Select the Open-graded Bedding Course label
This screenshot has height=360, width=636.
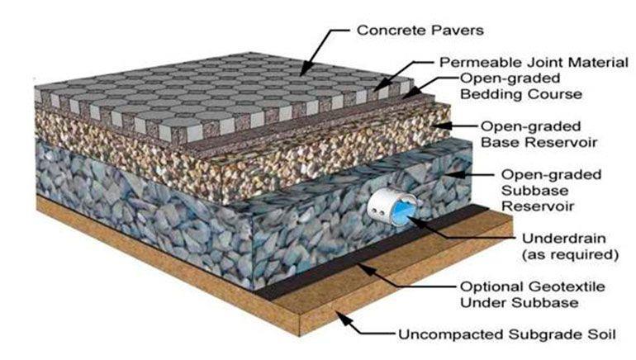click(x=520, y=86)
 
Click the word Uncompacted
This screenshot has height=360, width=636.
click(x=444, y=336)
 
